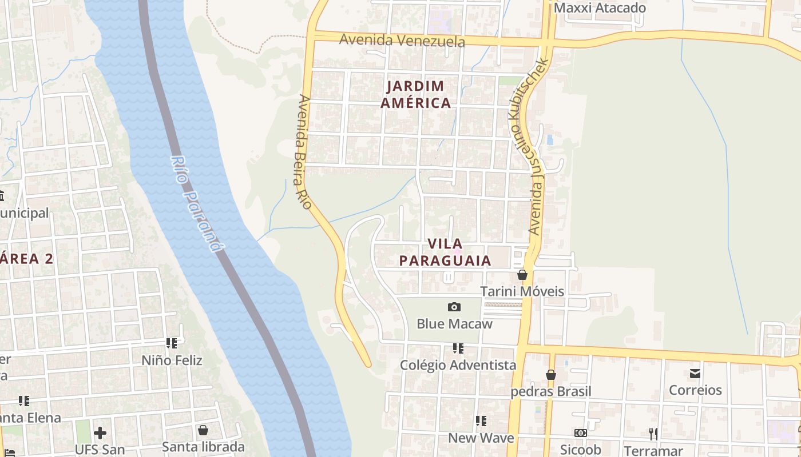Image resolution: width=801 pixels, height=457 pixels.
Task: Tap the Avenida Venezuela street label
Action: tap(402, 41)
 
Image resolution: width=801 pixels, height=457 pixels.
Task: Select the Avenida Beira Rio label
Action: tap(304, 151)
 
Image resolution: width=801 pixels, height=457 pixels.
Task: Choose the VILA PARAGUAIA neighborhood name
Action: tap(445, 252)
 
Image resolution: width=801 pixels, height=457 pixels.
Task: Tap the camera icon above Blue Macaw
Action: tap(454, 307)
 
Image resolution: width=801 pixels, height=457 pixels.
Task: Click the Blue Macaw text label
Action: tap(454, 324)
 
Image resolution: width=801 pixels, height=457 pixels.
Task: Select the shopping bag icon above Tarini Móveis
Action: tap(522, 275)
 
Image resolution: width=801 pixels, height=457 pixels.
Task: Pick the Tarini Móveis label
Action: tap(522, 291)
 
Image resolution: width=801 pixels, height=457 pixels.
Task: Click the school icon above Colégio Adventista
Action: tap(458, 348)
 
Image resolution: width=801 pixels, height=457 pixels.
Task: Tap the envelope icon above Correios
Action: tap(695, 374)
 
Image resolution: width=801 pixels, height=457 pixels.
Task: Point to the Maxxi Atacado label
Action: tap(600, 8)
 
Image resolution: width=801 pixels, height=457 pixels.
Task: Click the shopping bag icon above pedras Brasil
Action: tap(550, 375)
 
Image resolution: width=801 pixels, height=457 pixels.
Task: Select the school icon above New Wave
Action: tap(481, 421)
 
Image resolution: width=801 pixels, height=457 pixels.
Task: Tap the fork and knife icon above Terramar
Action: tap(653, 434)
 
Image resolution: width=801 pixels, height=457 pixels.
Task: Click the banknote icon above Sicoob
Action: tap(581, 433)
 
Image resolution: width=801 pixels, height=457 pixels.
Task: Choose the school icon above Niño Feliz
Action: tap(172, 343)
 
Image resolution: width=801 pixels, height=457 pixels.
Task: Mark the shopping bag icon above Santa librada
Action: tap(203, 430)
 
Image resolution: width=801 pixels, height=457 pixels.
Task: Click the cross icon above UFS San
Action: tap(100, 432)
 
